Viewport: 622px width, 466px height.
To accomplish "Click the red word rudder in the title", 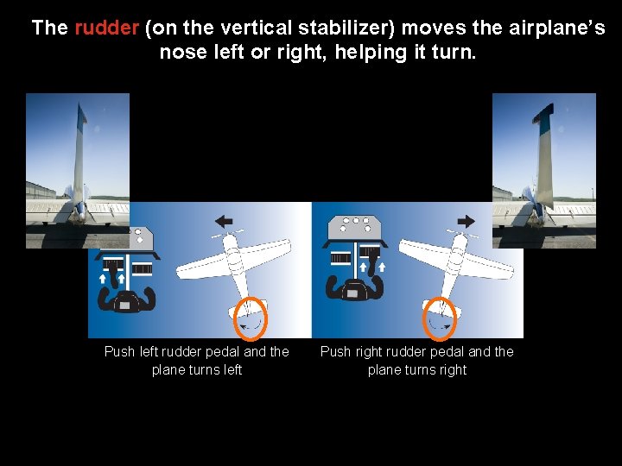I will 106,28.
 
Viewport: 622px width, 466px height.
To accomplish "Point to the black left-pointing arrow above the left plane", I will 224,221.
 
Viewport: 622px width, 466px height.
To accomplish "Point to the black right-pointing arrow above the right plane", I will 466,221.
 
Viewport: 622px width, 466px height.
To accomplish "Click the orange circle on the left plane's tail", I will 251,318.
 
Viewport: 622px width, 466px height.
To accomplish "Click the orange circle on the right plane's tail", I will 439,318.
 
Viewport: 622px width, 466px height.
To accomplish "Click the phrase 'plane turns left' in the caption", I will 197,370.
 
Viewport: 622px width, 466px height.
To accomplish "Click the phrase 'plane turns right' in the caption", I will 417,370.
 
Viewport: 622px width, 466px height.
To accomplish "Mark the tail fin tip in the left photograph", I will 81,108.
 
